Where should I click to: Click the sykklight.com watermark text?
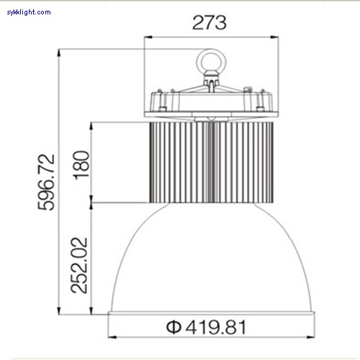(x=26, y=12)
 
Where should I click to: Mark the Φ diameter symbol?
(x=173, y=327)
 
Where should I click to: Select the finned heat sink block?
(x=180, y=162)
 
